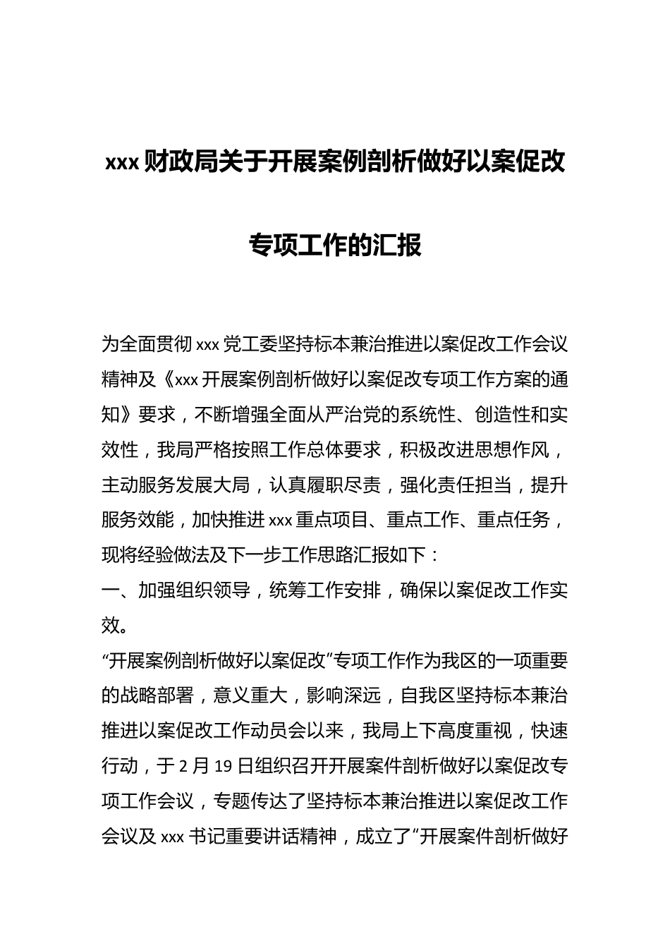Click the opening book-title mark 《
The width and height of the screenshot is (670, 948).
[x=166, y=380]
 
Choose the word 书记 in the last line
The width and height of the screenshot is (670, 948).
[x=205, y=837]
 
